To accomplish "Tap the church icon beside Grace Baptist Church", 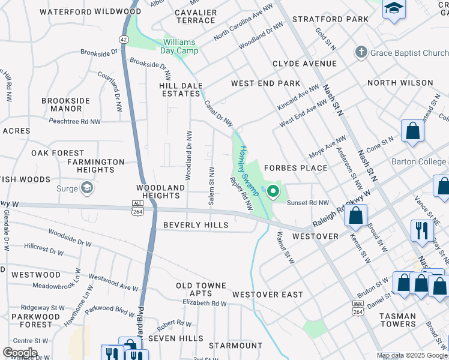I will coord(361,53).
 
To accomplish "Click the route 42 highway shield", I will coord(122,38).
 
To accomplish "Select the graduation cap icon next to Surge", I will coord(88,189).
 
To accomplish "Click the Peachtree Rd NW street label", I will coord(74,121).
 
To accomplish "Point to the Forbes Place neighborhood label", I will coord(296,168).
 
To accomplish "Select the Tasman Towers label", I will coord(397,320).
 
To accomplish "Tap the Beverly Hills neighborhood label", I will coord(196,224).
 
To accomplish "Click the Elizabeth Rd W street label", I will coord(204,304).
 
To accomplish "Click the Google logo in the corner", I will coord(20,353).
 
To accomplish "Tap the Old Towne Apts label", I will coord(201,289).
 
